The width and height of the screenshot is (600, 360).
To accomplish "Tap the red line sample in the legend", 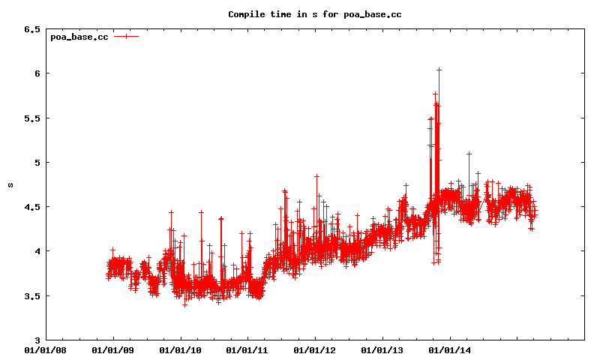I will pos(126,36).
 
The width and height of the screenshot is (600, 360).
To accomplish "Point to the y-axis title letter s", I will pos(10,184).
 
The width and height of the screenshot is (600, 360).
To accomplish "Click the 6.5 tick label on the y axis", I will pos(31,29).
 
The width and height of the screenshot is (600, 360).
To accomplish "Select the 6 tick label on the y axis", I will pos(36,73).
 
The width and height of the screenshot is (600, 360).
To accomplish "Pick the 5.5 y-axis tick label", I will pos(31,118).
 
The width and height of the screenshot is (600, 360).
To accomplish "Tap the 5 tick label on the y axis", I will pos(36,163).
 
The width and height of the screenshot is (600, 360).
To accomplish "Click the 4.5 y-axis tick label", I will pos(31,207).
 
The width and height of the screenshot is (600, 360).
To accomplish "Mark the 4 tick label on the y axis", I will pos(36,251).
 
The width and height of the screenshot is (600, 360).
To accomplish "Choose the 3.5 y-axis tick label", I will pos(31,295).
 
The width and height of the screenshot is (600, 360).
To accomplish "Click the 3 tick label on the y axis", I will pos(36,340).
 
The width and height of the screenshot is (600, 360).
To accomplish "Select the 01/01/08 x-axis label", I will pos(45,349).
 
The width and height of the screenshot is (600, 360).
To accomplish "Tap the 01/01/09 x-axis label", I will pos(112,349).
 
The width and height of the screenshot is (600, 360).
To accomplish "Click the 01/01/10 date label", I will pos(180,349).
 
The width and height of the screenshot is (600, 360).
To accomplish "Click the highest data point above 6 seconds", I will pos(439,70).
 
